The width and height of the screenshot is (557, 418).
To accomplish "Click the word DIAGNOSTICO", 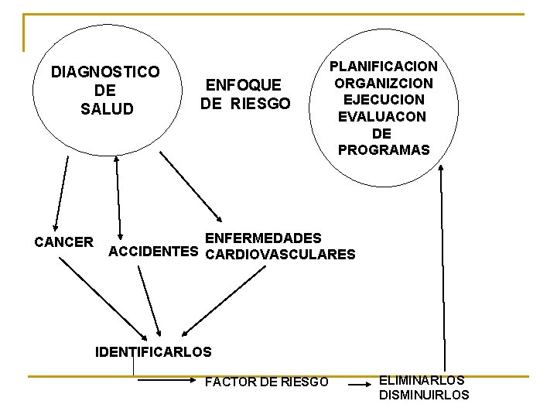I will [105, 73].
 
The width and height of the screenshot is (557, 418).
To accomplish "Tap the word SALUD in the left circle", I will [107, 108].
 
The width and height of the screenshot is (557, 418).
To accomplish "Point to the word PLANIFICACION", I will [383, 67].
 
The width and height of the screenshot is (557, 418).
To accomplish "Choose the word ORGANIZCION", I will [383, 84].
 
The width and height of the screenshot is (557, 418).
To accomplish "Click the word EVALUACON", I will [382, 117].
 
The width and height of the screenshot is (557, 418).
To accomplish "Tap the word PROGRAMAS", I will [383, 150].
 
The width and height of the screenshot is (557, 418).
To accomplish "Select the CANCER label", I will [64, 242].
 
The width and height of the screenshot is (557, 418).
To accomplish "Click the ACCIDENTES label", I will [154, 252].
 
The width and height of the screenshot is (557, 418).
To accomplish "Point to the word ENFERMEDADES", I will [263, 238].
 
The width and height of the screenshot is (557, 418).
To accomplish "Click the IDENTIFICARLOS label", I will [152, 352].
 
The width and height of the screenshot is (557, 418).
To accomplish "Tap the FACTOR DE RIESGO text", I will [266, 382].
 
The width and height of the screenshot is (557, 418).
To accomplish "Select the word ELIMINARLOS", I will [422, 380].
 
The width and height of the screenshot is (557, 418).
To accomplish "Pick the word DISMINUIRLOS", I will [424, 395].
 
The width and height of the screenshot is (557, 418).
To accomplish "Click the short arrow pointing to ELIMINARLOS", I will [357, 382].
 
